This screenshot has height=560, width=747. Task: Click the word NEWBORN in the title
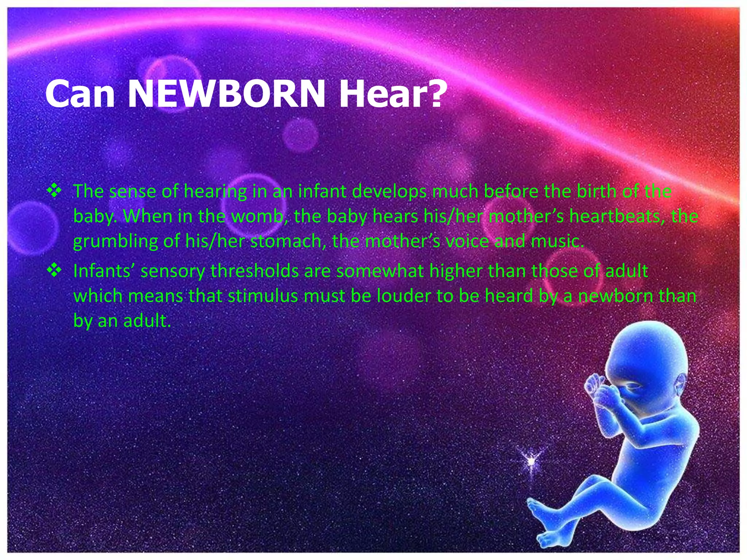pos(226,94)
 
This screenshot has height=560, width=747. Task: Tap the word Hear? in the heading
pos(392,94)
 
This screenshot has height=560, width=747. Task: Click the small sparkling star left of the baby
pos(532,461)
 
